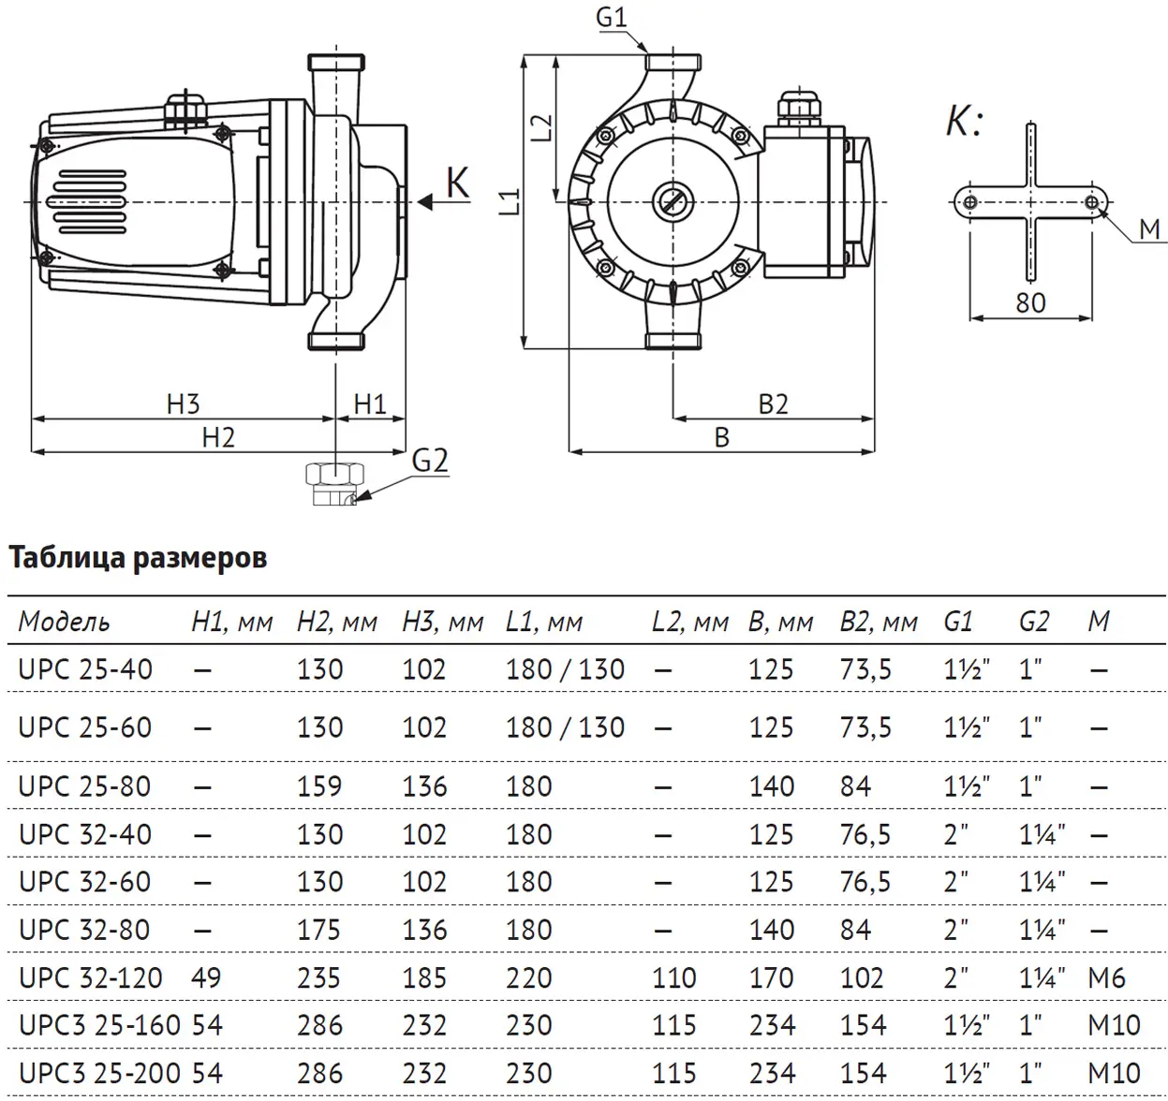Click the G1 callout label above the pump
tap(611, 17)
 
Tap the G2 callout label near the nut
tap(430, 461)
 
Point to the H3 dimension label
tap(183, 404)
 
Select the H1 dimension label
tap(370, 404)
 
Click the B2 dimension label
tap(773, 404)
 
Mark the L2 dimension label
tap(541, 127)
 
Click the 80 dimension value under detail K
tap(1030, 302)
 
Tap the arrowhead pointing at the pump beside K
tap(426, 200)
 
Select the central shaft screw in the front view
tap(672, 200)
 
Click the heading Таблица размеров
tap(138, 558)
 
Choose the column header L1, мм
tap(543, 622)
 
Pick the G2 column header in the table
tap(1034, 622)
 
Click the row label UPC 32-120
tap(90, 977)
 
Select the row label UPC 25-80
tap(84, 786)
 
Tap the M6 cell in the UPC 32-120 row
tap(1106, 977)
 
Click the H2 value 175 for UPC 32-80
tap(319, 930)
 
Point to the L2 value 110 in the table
tap(673, 977)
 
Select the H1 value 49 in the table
tap(206, 977)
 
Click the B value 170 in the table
tap(772, 977)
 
